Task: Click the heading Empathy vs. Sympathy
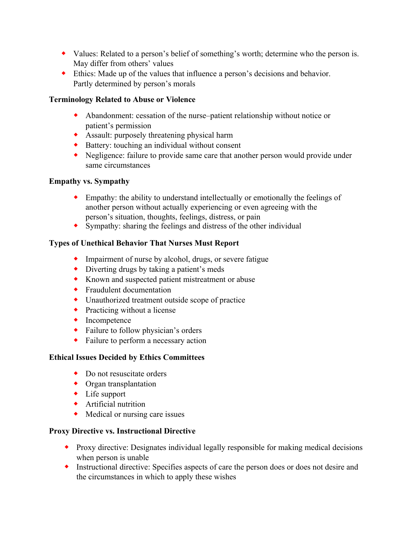coord(89,181)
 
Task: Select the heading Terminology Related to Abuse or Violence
coord(122,100)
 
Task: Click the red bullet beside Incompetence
coord(76,320)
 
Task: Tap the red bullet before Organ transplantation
coord(76,383)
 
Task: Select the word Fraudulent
coord(103,290)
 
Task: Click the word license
coord(164,310)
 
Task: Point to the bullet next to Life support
coord(76,393)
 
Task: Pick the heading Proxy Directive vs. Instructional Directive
coord(122,431)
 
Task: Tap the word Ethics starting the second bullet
coord(84,74)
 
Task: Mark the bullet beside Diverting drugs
coord(76,269)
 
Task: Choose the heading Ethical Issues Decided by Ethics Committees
coord(127,357)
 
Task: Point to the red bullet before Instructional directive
coord(67,466)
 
